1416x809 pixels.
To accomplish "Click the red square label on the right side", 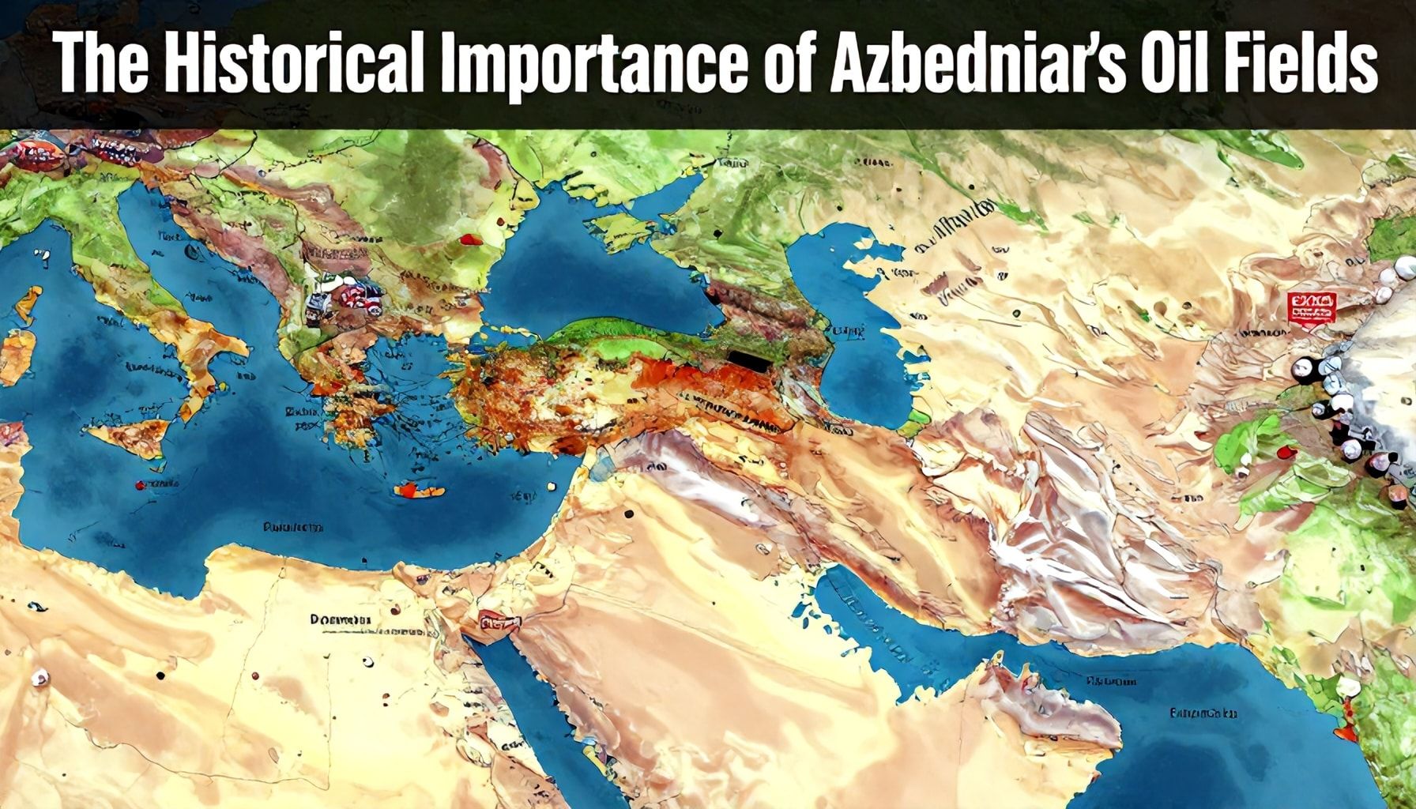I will (1312, 307).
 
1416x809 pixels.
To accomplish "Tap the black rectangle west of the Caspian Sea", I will (751, 360).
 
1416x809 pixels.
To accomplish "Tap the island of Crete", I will (419, 490).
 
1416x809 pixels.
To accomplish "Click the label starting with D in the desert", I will (340, 620).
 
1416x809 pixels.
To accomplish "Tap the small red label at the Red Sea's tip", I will (495, 624).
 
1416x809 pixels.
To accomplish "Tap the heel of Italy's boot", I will (237, 348).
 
